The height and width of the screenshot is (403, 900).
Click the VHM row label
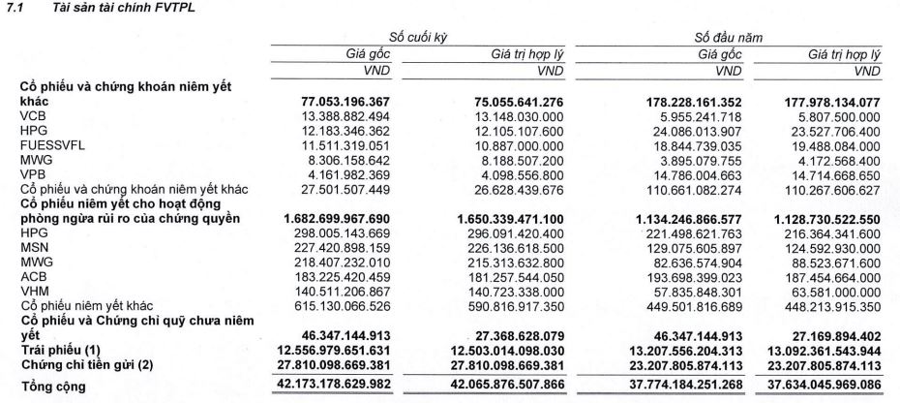(x=33, y=289)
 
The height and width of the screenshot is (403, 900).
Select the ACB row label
(x=33, y=274)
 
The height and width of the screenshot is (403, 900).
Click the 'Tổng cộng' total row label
(x=55, y=386)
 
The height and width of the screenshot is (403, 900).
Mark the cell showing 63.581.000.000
(x=831, y=289)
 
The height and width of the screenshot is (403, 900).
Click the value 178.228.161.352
(x=682, y=100)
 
